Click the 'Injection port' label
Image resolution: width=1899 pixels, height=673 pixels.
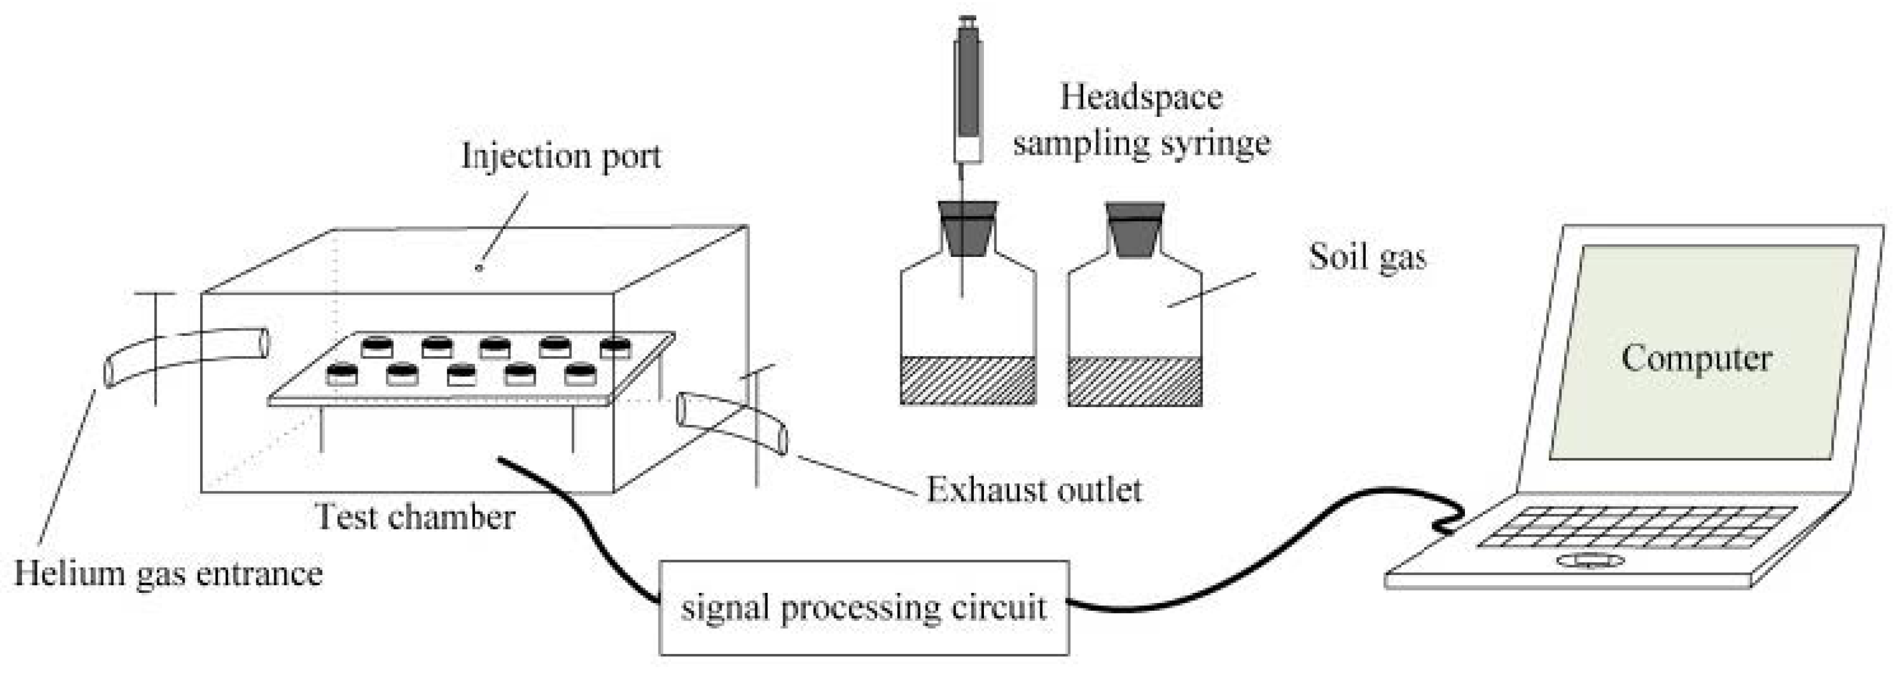point(561,155)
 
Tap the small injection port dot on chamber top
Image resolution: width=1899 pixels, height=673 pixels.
point(479,268)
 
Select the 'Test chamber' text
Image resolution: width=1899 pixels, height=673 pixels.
point(414,517)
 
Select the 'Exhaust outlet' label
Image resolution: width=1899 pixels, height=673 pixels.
point(1034,490)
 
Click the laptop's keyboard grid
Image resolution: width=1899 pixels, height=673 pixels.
point(1637,528)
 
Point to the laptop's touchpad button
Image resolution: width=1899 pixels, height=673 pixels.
point(1590,561)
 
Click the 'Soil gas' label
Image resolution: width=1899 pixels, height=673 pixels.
point(1367,257)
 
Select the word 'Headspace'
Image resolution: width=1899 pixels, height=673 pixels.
point(1141,97)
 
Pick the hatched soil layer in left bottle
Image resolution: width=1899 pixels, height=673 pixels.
point(968,380)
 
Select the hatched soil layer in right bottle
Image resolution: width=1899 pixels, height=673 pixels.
point(1135,380)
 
